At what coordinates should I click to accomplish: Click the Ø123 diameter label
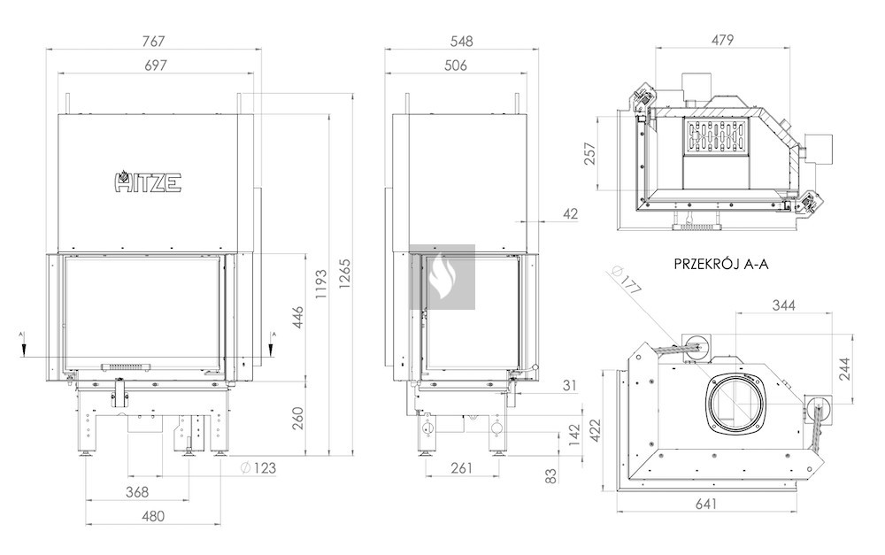[x=258, y=467]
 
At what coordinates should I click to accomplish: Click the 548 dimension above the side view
[x=461, y=41]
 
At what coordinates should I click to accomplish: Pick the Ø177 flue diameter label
[x=629, y=284]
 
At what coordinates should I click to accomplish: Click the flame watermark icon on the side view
[x=442, y=277]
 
